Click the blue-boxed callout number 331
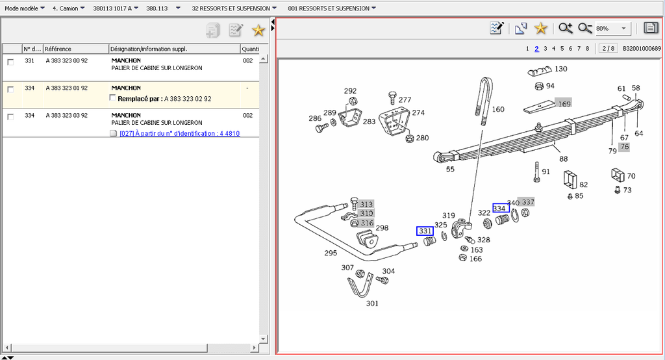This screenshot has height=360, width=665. coord(425,231)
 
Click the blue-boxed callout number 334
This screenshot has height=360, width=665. coord(500,208)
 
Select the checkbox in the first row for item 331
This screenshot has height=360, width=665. coord(10,62)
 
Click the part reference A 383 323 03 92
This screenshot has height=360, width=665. coord(66,115)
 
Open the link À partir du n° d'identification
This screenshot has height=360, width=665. coord(180,134)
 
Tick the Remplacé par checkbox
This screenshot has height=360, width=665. coord(113,98)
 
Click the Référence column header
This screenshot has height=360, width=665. coord(58,49)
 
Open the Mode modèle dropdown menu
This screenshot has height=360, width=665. coord(25,8)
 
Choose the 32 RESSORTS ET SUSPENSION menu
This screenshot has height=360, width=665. coord(234,8)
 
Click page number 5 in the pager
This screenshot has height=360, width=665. coord(562,49)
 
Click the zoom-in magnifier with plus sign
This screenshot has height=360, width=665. coord(565,28)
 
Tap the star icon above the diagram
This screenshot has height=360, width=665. coord(540,28)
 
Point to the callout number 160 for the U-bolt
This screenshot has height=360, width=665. coord(498,110)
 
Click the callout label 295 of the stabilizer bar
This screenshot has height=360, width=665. coord(331,253)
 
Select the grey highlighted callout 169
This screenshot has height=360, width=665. coord(564,103)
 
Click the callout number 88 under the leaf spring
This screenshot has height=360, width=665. coord(563,159)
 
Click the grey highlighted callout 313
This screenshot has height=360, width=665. coord(367,204)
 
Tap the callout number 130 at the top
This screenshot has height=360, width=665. coord(560,69)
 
